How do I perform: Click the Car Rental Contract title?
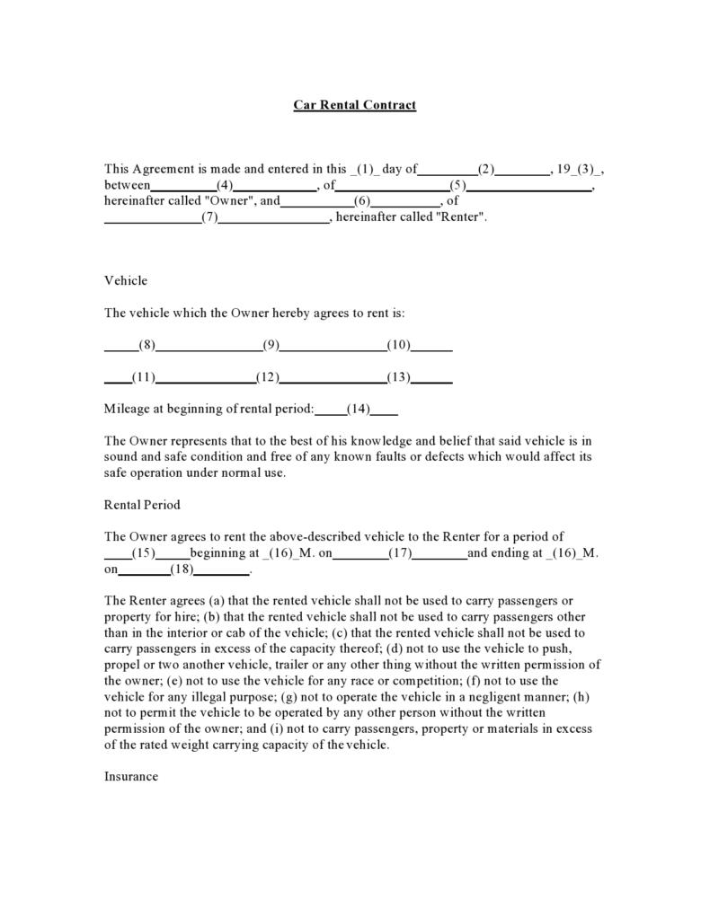click(354, 105)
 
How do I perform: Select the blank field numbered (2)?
click(485, 169)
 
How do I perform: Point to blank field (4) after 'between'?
click(225, 186)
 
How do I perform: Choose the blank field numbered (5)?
click(458, 186)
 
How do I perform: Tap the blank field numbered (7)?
click(210, 217)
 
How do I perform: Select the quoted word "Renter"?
click(460, 217)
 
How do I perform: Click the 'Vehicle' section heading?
click(126, 281)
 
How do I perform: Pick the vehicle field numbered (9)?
click(271, 345)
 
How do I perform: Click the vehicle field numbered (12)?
click(268, 377)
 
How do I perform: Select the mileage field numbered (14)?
click(359, 409)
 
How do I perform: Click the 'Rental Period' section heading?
click(142, 505)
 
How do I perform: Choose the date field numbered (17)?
click(400, 553)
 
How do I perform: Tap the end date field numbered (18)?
click(182, 569)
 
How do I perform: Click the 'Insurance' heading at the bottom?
click(131, 776)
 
